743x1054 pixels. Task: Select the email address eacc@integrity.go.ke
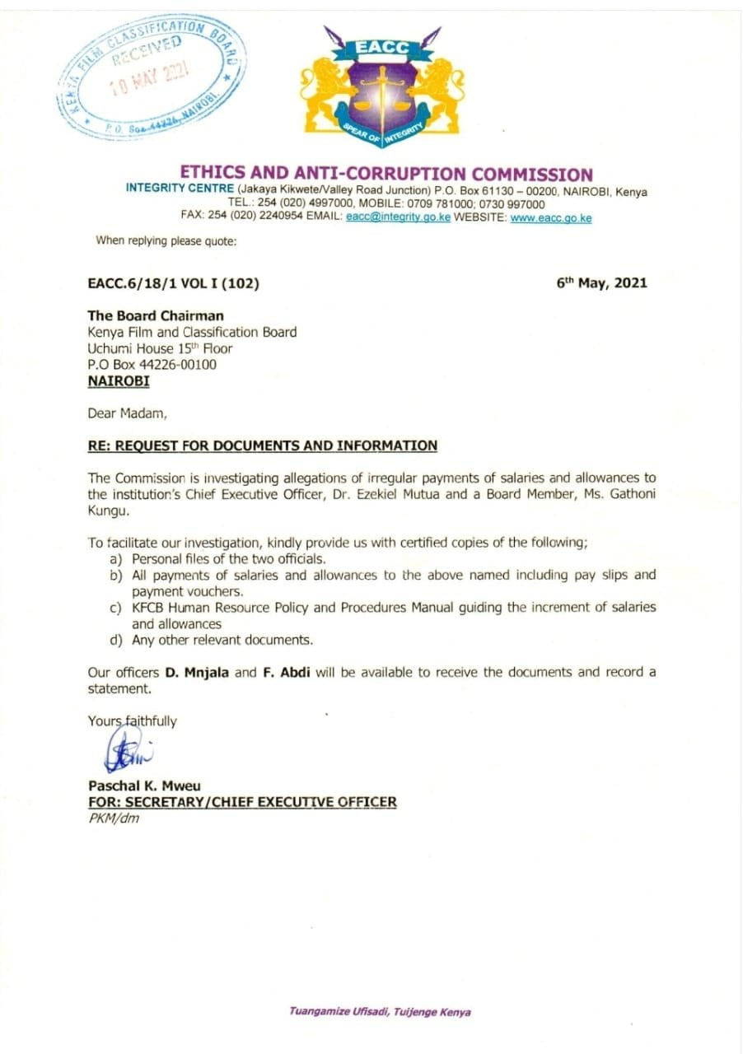399,218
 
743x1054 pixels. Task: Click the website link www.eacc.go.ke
551,218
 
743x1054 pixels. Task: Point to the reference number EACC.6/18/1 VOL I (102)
174,283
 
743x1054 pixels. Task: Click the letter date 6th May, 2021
602,283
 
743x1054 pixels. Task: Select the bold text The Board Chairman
156,315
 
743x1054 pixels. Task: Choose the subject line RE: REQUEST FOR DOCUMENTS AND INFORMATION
263,445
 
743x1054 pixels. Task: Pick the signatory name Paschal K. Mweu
144,786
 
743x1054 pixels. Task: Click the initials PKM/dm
114,818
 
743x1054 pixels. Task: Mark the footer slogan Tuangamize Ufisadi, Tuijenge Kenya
380,1012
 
